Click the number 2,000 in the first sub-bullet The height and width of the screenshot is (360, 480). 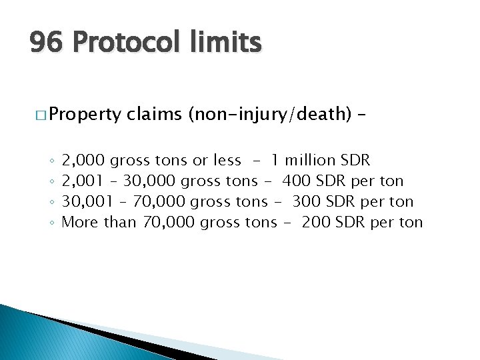coord(83,160)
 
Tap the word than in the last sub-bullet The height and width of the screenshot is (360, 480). coord(119,222)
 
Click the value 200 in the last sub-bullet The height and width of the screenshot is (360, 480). coord(316,222)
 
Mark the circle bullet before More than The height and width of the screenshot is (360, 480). coord(51,223)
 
